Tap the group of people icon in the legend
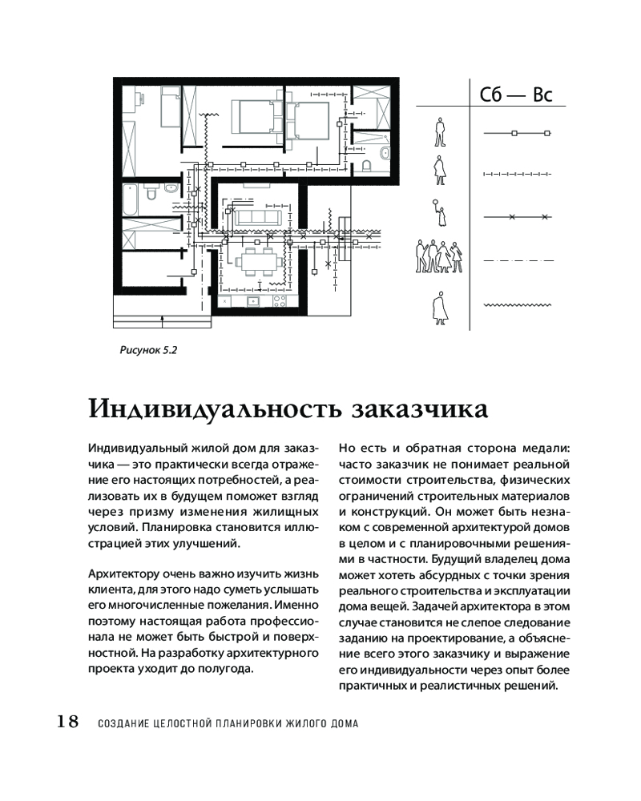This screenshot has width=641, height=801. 438,256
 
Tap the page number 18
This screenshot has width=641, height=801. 67,722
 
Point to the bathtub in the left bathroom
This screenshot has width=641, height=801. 151,194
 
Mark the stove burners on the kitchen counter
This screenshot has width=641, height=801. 280,301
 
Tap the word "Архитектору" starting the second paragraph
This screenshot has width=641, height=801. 117,573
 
